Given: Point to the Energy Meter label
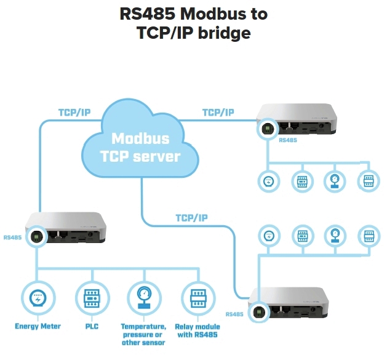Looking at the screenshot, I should (x=38, y=326).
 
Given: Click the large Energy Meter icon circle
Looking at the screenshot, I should (x=38, y=298).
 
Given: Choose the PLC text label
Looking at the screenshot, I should (x=90, y=326).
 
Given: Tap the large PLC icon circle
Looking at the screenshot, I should (x=92, y=298).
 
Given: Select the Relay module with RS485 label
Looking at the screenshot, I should (x=197, y=330).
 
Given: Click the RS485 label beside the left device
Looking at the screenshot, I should (x=13, y=237).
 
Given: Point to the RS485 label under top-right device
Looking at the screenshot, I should (x=288, y=141).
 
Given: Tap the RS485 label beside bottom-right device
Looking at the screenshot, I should (x=235, y=314).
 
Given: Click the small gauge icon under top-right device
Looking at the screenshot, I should (x=334, y=180).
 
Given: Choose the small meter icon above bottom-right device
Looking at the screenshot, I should (x=268, y=236).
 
